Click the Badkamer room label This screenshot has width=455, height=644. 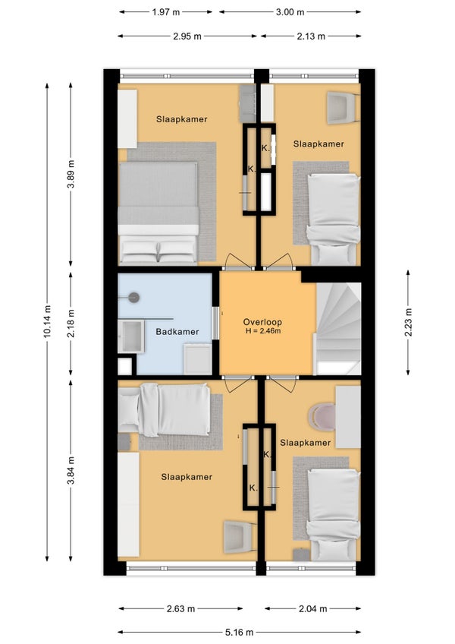pos(177,331)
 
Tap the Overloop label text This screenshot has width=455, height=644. pos(262,322)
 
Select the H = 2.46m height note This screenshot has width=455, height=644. pos(263,330)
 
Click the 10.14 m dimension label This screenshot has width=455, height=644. pos(48,321)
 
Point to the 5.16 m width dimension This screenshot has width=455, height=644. pos(239,632)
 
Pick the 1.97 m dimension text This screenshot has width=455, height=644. pos(166,12)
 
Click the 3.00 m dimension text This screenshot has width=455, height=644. pos(290,12)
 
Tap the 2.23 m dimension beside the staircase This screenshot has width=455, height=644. pos(408,322)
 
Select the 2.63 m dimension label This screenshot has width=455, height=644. pos(180,608)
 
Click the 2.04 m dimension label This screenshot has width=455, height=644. pos(312,608)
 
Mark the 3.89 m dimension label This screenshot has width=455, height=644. pos(71,174)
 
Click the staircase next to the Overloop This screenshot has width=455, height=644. pos(338,328)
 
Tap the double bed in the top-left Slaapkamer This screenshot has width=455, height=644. pos(158,213)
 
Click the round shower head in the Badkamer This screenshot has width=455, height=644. pos(133,298)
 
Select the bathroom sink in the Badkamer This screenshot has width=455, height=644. pos(131,336)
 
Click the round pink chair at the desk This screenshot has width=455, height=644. pos(322,417)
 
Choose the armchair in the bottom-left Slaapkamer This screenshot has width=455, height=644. pos(240,538)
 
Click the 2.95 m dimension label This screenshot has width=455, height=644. pos(187,36)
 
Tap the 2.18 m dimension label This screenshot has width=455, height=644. pos(71,324)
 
